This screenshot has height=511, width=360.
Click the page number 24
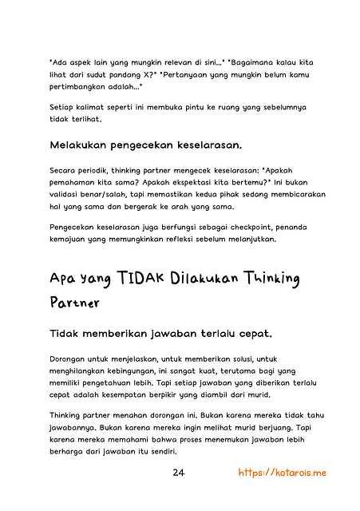[179, 473]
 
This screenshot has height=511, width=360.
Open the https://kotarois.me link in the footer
[283, 473]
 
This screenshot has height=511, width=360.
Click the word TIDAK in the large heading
[140, 278]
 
